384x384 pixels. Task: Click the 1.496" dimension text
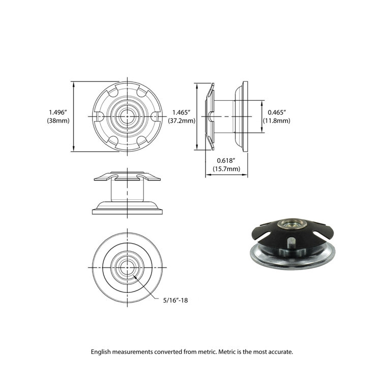(58, 112)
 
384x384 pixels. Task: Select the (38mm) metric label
(58, 121)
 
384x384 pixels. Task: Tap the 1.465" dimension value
(181, 112)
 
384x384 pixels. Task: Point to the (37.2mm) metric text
(182, 121)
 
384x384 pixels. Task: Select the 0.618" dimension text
(226, 160)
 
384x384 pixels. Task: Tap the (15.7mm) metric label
(226, 168)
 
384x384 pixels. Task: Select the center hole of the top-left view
(125, 116)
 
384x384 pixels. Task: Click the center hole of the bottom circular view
(125, 264)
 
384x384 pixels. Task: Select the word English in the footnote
(102, 351)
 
